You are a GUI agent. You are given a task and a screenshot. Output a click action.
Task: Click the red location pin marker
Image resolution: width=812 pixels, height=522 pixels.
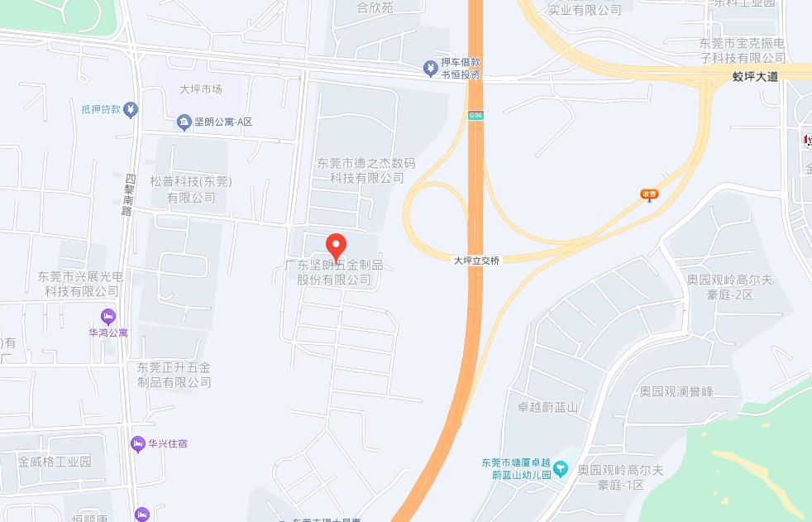pyautogui.click(x=336, y=246)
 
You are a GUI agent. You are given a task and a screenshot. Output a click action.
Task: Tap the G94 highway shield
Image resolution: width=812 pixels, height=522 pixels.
pyautogui.click(x=475, y=115)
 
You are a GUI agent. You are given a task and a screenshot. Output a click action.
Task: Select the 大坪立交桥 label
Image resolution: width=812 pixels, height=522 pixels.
pyautogui.click(x=477, y=260)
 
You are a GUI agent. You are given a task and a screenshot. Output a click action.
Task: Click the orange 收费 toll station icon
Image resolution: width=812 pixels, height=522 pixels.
pyautogui.click(x=649, y=195)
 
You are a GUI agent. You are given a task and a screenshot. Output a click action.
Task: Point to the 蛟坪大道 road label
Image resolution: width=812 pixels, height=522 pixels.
pyautogui.click(x=755, y=76)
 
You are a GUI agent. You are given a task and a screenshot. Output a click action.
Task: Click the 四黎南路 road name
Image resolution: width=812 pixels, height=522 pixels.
pyautogui.click(x=128, y=194)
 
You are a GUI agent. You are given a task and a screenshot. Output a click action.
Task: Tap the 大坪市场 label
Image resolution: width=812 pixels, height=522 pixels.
pyautogui.click(x=201, y=89)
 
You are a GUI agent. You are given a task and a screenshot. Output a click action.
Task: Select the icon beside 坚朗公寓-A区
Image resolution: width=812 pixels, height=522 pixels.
pyautogui.click(x=184, y=123)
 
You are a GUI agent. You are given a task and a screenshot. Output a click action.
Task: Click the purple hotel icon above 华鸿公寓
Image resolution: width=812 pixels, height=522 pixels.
pyautogui.click(x=108, y=315)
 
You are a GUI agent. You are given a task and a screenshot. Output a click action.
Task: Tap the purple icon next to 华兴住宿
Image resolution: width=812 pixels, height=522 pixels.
pyautogui.click(x=138, y=443)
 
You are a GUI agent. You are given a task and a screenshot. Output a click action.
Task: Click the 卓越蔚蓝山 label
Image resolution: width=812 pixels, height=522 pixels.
pyautogui.click(x=547, y=406)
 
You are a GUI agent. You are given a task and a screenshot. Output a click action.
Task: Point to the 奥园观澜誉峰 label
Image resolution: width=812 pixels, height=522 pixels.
pyautogui.click(x=676, y=390)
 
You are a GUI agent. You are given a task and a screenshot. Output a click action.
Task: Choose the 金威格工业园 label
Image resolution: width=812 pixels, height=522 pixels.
pyautogui.click(x=55, y=462)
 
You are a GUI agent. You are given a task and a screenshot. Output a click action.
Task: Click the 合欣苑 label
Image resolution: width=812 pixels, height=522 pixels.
pyautogui.click(x=375, y=9)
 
